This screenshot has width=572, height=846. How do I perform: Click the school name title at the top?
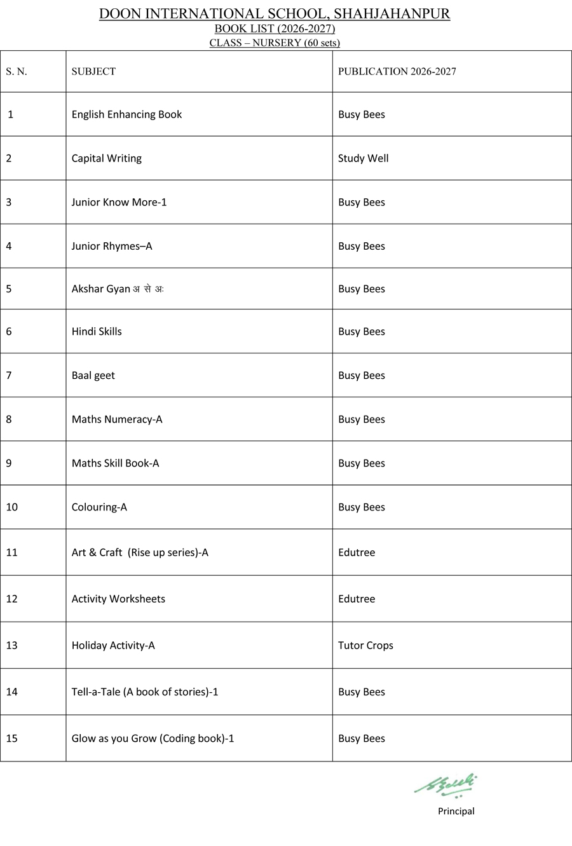coord(275,14)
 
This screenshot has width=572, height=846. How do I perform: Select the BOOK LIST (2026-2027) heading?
coord(275,29)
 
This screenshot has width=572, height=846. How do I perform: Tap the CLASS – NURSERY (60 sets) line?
coord(275,43)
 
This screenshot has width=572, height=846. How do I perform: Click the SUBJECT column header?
coord(93,71)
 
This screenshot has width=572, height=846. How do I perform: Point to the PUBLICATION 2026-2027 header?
coord(397,71)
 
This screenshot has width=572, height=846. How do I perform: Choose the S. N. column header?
coord(17,71)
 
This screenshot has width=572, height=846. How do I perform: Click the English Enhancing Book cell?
coord(126,114)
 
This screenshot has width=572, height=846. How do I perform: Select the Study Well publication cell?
coord(363,158)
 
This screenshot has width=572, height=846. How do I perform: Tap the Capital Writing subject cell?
coord(106,158)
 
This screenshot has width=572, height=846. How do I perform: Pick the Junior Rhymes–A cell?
coord(111,246)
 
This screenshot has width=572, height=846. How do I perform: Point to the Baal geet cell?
coord(93,375)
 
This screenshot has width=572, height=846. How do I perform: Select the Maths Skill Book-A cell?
coord(115,463)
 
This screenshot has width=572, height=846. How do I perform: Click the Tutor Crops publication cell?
coord(365,645)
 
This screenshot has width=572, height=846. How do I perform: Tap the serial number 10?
coord(11,507)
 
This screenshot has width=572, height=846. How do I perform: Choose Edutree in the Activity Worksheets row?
coord(357,599)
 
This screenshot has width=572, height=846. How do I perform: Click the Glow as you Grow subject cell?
coord(153,738)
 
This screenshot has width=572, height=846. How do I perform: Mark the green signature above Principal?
coord(446,784)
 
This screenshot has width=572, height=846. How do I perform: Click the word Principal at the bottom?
coord(456,811)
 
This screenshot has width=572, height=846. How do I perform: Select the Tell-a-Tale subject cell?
coord(144,692)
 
